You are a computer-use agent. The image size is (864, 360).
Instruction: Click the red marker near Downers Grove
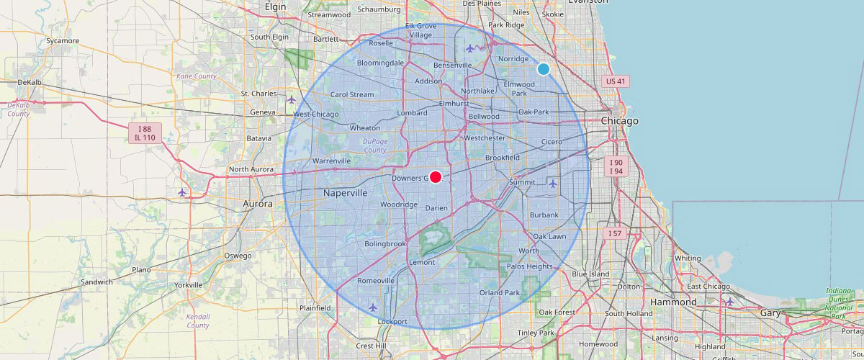pos(436,177)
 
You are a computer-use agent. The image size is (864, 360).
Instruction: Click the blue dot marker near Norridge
pos(544,68)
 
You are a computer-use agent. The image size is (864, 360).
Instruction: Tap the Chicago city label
pos(620,121)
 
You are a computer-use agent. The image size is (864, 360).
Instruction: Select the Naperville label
pos(345,193)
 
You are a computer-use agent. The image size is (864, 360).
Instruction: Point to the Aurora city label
pos(257,204)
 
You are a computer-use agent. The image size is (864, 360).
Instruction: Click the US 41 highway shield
pos(615,81)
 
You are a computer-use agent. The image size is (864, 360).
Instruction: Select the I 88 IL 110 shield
pos(145,132)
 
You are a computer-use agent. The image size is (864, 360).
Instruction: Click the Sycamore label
pos(63,41)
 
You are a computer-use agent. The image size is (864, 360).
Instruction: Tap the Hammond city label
pos(673,302)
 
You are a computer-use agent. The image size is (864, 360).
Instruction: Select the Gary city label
pos(770,313)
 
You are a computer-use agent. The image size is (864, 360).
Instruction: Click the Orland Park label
pos(500,293)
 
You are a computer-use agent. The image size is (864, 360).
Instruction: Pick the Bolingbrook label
pos(385,244)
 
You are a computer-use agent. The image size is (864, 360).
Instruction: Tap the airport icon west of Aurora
pos(182,192)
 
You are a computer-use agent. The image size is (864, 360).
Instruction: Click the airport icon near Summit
pos(552,183)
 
